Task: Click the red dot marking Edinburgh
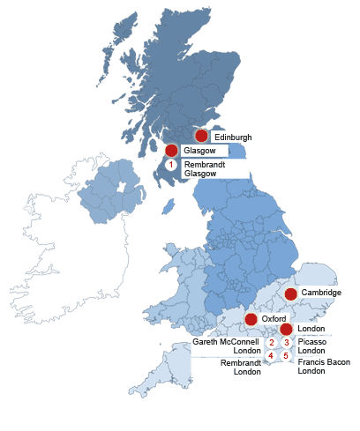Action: [201, 136]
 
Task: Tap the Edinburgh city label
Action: [232, 137]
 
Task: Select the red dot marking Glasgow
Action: [171, 152]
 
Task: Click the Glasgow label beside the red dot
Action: [199, 152]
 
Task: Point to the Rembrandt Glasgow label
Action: [203, 168]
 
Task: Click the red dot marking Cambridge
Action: [290, 293]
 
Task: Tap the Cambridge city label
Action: [321, 292]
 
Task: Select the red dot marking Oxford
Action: [251, 318]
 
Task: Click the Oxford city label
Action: [273, 318]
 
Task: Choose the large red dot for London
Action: [287, 329]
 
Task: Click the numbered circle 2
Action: [272, 343]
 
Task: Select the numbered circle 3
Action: [286, 343]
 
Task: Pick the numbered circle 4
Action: [272, 355]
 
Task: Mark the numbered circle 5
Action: [286, 355]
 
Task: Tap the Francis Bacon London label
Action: [324, 367]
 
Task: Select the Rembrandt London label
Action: [240, 367]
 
